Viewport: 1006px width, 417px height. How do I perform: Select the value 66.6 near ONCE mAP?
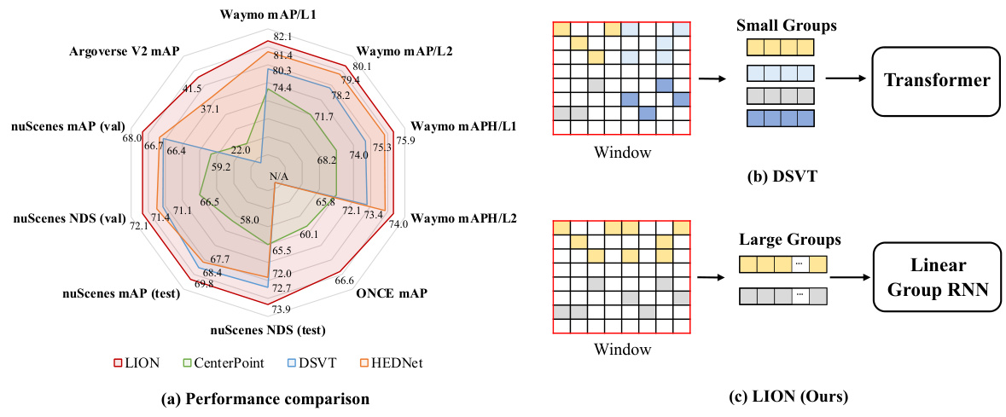click(345, 281)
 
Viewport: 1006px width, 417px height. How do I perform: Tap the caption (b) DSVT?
click(776, 178)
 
